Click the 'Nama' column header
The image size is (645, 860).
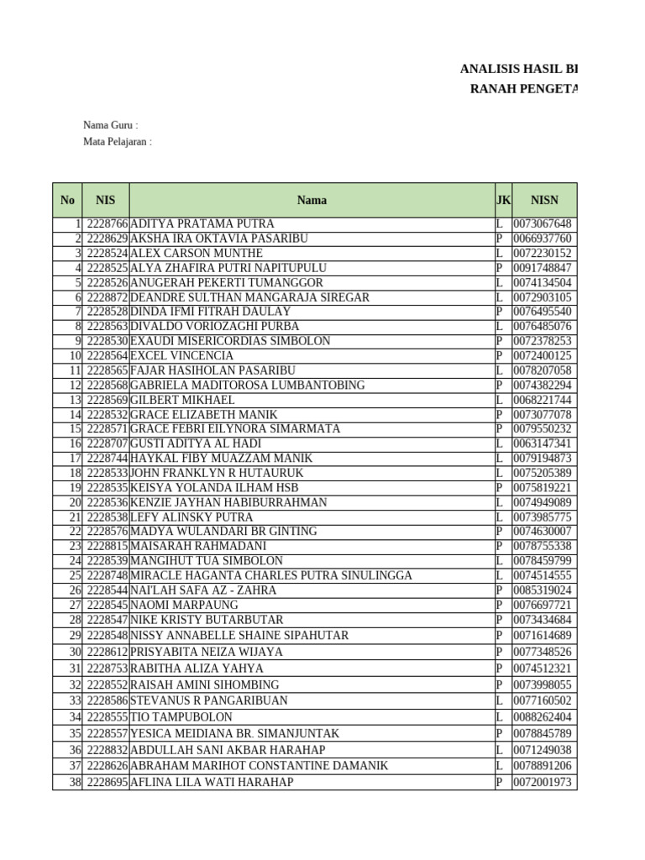click(312, 200)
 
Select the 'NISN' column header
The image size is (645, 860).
click(544, 200)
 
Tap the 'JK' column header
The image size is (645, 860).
click(503, 200)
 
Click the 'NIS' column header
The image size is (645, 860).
click(106, 200)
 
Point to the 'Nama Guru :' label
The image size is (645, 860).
click(110, 125)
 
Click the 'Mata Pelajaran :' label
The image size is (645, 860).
click(118, 142)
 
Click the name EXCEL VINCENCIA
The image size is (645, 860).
click(182, 356)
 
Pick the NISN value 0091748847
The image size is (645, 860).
click(543, 268)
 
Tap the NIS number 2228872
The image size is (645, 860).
click(107, 297)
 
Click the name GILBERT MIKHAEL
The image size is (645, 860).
click(182, 400)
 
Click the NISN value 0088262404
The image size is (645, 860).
click(543, 717)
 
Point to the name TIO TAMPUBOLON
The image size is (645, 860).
click(181, 717)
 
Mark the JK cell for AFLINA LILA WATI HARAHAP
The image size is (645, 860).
click(500, 782)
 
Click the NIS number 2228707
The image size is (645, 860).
click(107, 443)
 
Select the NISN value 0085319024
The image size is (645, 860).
click(543, 590)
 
